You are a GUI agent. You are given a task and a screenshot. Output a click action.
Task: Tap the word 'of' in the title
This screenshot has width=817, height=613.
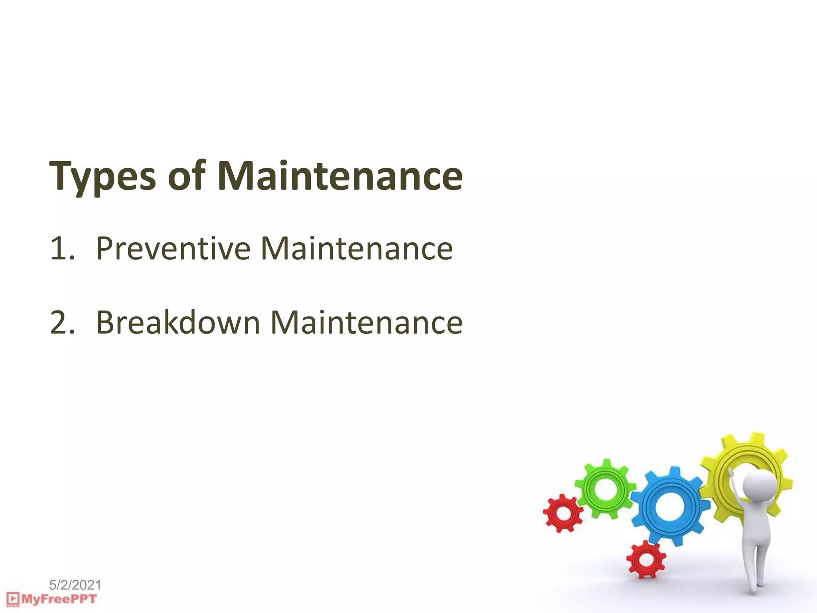click(187, 175)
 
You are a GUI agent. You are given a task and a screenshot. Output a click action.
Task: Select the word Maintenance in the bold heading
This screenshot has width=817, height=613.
click(340, 176)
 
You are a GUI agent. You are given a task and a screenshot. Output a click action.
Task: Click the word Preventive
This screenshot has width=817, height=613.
click(173, 248)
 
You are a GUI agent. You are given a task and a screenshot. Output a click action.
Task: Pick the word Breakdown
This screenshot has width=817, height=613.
click(178, 322)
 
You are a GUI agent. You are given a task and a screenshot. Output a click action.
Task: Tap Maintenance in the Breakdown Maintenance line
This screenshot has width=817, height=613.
click(366, 322)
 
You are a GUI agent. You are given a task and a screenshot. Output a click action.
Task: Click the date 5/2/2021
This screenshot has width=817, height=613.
click(75, 585)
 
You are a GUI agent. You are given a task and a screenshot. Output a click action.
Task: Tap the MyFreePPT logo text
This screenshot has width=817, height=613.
click(59, 599)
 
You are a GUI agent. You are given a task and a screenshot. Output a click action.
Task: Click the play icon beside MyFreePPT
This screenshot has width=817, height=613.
click(13, 599)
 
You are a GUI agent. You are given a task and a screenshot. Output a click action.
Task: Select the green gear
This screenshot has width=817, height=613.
click(606, 488)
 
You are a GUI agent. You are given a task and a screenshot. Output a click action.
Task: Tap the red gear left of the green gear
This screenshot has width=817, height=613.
click(563, 513)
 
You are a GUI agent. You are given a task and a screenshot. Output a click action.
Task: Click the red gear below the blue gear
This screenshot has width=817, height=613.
click(645, 559)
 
